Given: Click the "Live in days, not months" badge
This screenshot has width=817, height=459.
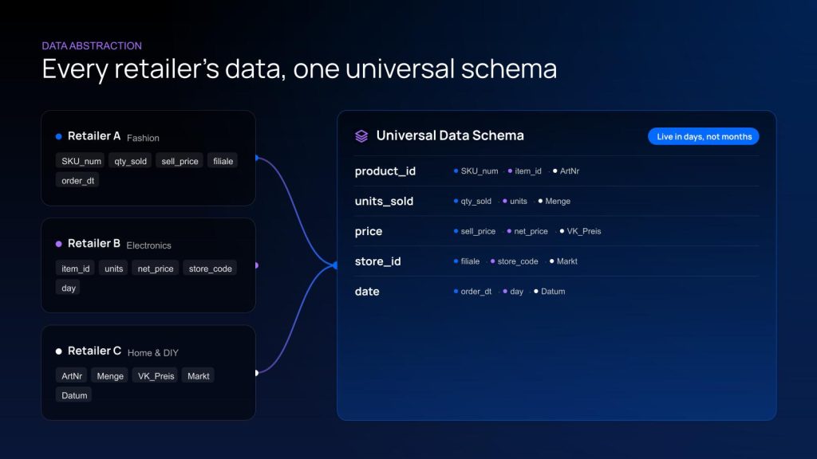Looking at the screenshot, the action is point(704,136).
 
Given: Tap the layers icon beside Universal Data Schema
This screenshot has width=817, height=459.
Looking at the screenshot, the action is point(361,135).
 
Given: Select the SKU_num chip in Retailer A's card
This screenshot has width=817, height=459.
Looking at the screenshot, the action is point(81,161).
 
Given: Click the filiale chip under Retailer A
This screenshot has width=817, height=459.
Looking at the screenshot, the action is point(223,161).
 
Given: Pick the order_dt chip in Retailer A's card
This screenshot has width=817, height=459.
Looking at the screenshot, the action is point(77,181).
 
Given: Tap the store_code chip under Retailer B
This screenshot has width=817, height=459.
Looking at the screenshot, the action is point(210,269).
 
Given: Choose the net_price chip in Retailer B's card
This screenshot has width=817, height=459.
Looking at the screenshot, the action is point(156,269).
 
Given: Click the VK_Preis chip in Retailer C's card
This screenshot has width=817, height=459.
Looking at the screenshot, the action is point(156,376).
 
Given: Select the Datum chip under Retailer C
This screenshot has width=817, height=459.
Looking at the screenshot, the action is point(74,395).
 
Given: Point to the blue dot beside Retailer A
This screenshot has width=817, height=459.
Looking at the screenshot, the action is point(58,137).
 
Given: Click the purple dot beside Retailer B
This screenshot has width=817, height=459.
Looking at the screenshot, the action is point(58,244).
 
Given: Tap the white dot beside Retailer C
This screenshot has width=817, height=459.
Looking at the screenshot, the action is point(58,351).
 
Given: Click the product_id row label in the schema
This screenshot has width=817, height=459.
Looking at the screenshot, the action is point(385,171).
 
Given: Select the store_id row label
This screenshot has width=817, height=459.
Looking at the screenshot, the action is point(377,261).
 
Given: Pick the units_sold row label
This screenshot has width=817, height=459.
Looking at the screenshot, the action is point(384,201).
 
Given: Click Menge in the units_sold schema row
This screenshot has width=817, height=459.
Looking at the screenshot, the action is point(558,201).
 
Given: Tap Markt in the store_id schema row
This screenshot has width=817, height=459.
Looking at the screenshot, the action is point(567,261).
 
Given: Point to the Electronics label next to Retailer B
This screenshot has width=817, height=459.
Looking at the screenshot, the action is point(148,245).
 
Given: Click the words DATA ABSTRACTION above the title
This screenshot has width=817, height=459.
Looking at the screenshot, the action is point(92,45).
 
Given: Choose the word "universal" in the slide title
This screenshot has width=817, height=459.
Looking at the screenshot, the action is point(400,69).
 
